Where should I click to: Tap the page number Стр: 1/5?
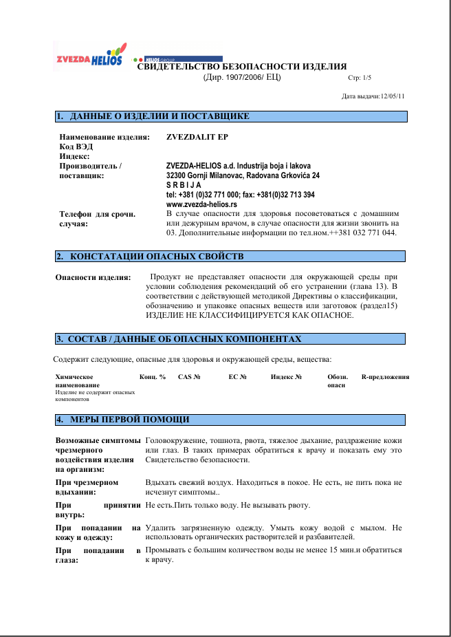point(360,78)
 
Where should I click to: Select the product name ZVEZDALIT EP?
point(197,137)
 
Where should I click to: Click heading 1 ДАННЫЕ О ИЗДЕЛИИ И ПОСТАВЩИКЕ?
point(160,116)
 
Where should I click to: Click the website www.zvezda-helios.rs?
point(201,204)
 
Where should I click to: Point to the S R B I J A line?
point(184,185)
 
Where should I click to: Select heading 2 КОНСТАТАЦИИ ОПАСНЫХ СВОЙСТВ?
point(157,257)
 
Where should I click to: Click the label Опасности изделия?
point(93,278)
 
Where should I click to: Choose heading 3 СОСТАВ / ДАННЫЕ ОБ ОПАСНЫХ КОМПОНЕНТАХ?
point(185,339)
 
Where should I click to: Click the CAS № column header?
point(189,377)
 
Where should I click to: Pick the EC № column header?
point(237,377)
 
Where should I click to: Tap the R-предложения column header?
point(385,377)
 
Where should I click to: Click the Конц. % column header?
point(153,377)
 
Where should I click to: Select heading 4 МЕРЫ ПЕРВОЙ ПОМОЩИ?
point(130,419)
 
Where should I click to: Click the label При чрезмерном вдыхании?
point(87,488)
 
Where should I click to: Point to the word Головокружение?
point(178,440)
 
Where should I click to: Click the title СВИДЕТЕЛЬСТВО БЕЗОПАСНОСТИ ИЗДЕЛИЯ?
point(242,67)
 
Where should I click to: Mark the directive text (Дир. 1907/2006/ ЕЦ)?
point(242,77)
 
